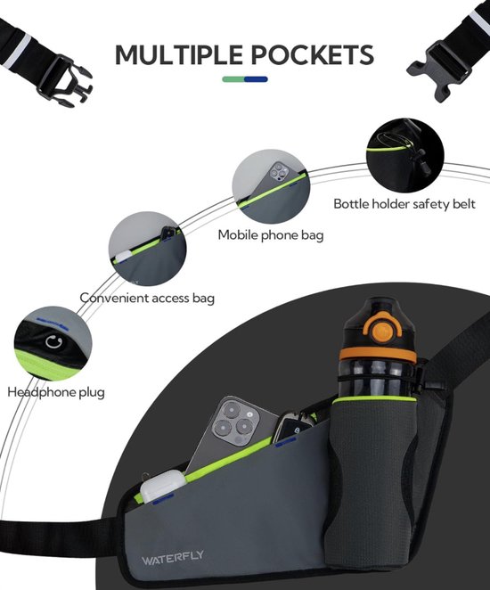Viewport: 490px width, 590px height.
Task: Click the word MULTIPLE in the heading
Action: (x=179, y=55)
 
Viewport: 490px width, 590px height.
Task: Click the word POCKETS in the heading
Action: (x=312, y=55)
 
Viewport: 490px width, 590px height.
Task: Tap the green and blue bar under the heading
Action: (x=245, y=79)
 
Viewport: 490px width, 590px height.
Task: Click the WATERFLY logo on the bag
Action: (x=173, y=557)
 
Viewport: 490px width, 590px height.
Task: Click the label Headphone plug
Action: (x=56, y=392)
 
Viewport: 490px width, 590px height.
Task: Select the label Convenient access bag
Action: (x=147, y=298)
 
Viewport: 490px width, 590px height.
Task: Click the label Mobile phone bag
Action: (x=271, y=235)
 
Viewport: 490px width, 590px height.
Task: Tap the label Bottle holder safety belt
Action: (x=404, y=204)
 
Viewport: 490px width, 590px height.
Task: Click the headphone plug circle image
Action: (x=53, y=345)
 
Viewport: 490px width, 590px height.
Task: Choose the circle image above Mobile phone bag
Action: (x=271, y=187)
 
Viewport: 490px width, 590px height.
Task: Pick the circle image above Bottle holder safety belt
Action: (x=404, y=156)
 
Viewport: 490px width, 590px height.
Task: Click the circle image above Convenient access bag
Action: (x=147, y=250)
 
